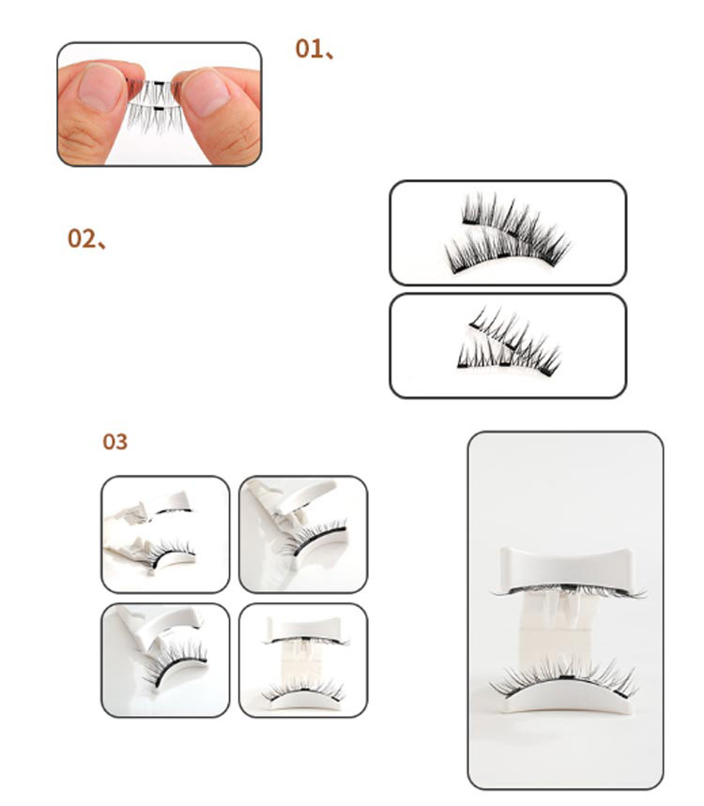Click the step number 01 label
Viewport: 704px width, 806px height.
pos(314,49)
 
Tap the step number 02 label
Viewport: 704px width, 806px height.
pos(86,238)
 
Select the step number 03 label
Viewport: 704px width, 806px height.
pos(115,442)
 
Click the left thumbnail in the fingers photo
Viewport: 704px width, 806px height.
pos(100,88)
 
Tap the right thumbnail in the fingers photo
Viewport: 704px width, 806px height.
pos(205,93)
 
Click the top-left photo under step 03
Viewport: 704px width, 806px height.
pos(165,534)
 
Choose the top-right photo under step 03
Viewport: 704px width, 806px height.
pos(303,534)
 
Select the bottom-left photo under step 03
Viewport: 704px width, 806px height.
pos(165,660)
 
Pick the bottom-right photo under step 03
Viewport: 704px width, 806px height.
pos(303,660)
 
